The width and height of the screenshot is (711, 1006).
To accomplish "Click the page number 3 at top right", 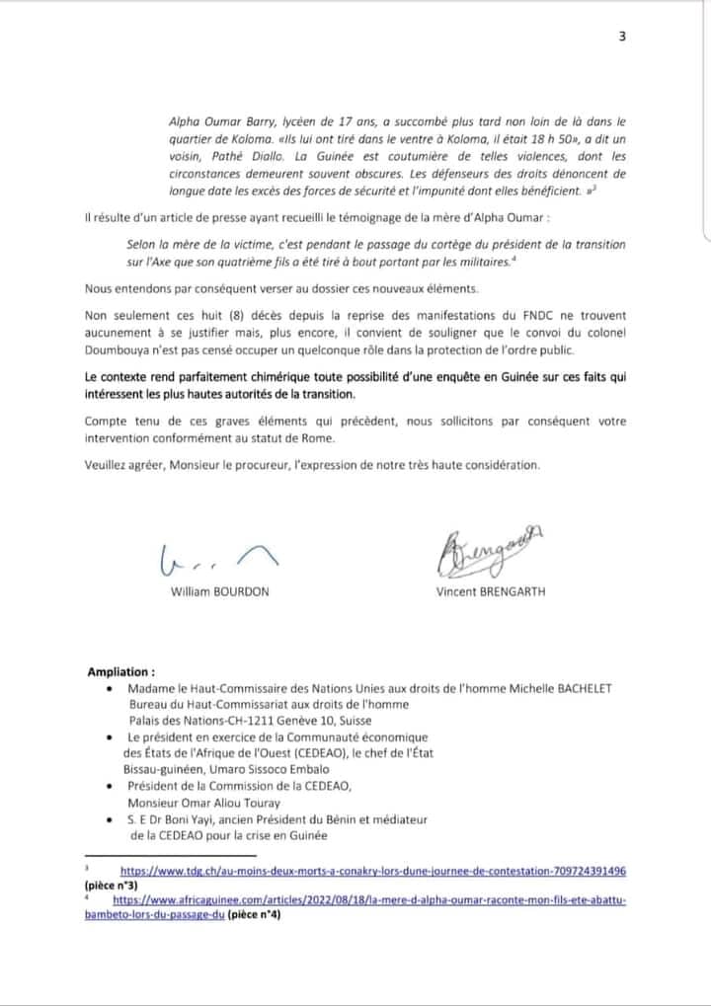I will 622,37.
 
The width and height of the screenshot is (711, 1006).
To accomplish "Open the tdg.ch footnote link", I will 373,872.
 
